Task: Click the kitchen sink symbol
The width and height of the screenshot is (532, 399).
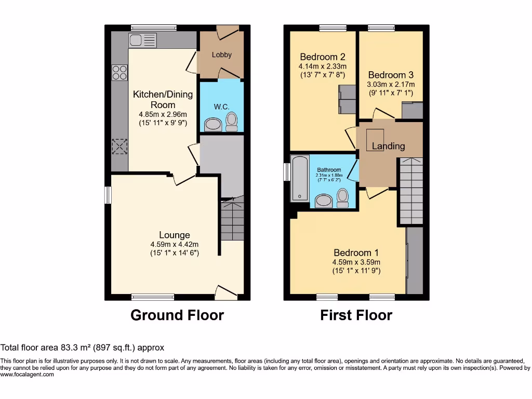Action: [142, 40]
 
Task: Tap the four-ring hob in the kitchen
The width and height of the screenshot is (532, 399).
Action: [119, 72]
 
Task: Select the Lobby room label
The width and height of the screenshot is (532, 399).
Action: [221, 55]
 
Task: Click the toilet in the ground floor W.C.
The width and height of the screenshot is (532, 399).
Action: [232, 122]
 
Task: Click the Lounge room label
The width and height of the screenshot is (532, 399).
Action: [174, 235]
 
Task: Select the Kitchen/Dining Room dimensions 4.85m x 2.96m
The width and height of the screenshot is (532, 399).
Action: [163, 114]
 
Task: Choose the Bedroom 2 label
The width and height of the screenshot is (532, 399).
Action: [322, 57]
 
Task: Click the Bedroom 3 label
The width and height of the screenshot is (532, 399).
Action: [391, 75]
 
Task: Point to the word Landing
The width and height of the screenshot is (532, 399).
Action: [388, 146]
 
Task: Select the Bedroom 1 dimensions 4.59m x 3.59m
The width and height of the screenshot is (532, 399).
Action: [356, 262]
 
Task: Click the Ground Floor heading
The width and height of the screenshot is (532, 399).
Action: [177, 315]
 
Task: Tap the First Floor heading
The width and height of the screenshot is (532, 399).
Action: [356, 315]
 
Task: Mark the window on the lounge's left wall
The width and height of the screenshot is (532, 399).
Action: [108, 195]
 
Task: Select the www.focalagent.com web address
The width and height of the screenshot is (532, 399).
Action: [27, 374]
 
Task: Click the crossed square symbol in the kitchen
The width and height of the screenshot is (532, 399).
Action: [119, 147]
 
